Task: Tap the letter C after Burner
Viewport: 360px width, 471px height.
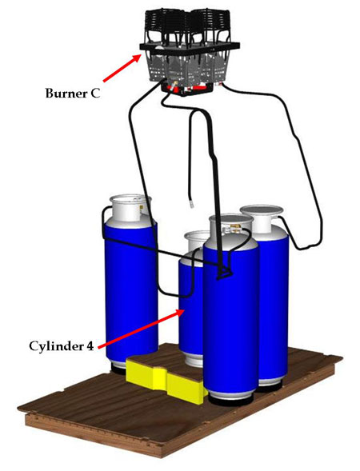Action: tap(95, 93)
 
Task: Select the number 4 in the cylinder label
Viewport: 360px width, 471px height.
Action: tap(90, 346)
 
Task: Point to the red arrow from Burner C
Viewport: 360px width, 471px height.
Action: tap(122, 68)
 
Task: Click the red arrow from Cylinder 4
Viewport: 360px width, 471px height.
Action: tap(141, 329)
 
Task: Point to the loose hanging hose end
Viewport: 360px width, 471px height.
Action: tap(191, 204)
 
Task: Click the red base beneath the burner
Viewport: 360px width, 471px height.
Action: tap(187, 88)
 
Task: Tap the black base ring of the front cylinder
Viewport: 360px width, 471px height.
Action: tap(230, 401)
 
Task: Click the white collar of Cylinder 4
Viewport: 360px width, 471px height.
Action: tap(195, 241)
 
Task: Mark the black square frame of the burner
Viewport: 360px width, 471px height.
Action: tap(190, 47)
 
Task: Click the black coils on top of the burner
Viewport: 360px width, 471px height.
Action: tap(189, 24)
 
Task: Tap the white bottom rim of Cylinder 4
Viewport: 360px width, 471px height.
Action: tap(191, 361)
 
